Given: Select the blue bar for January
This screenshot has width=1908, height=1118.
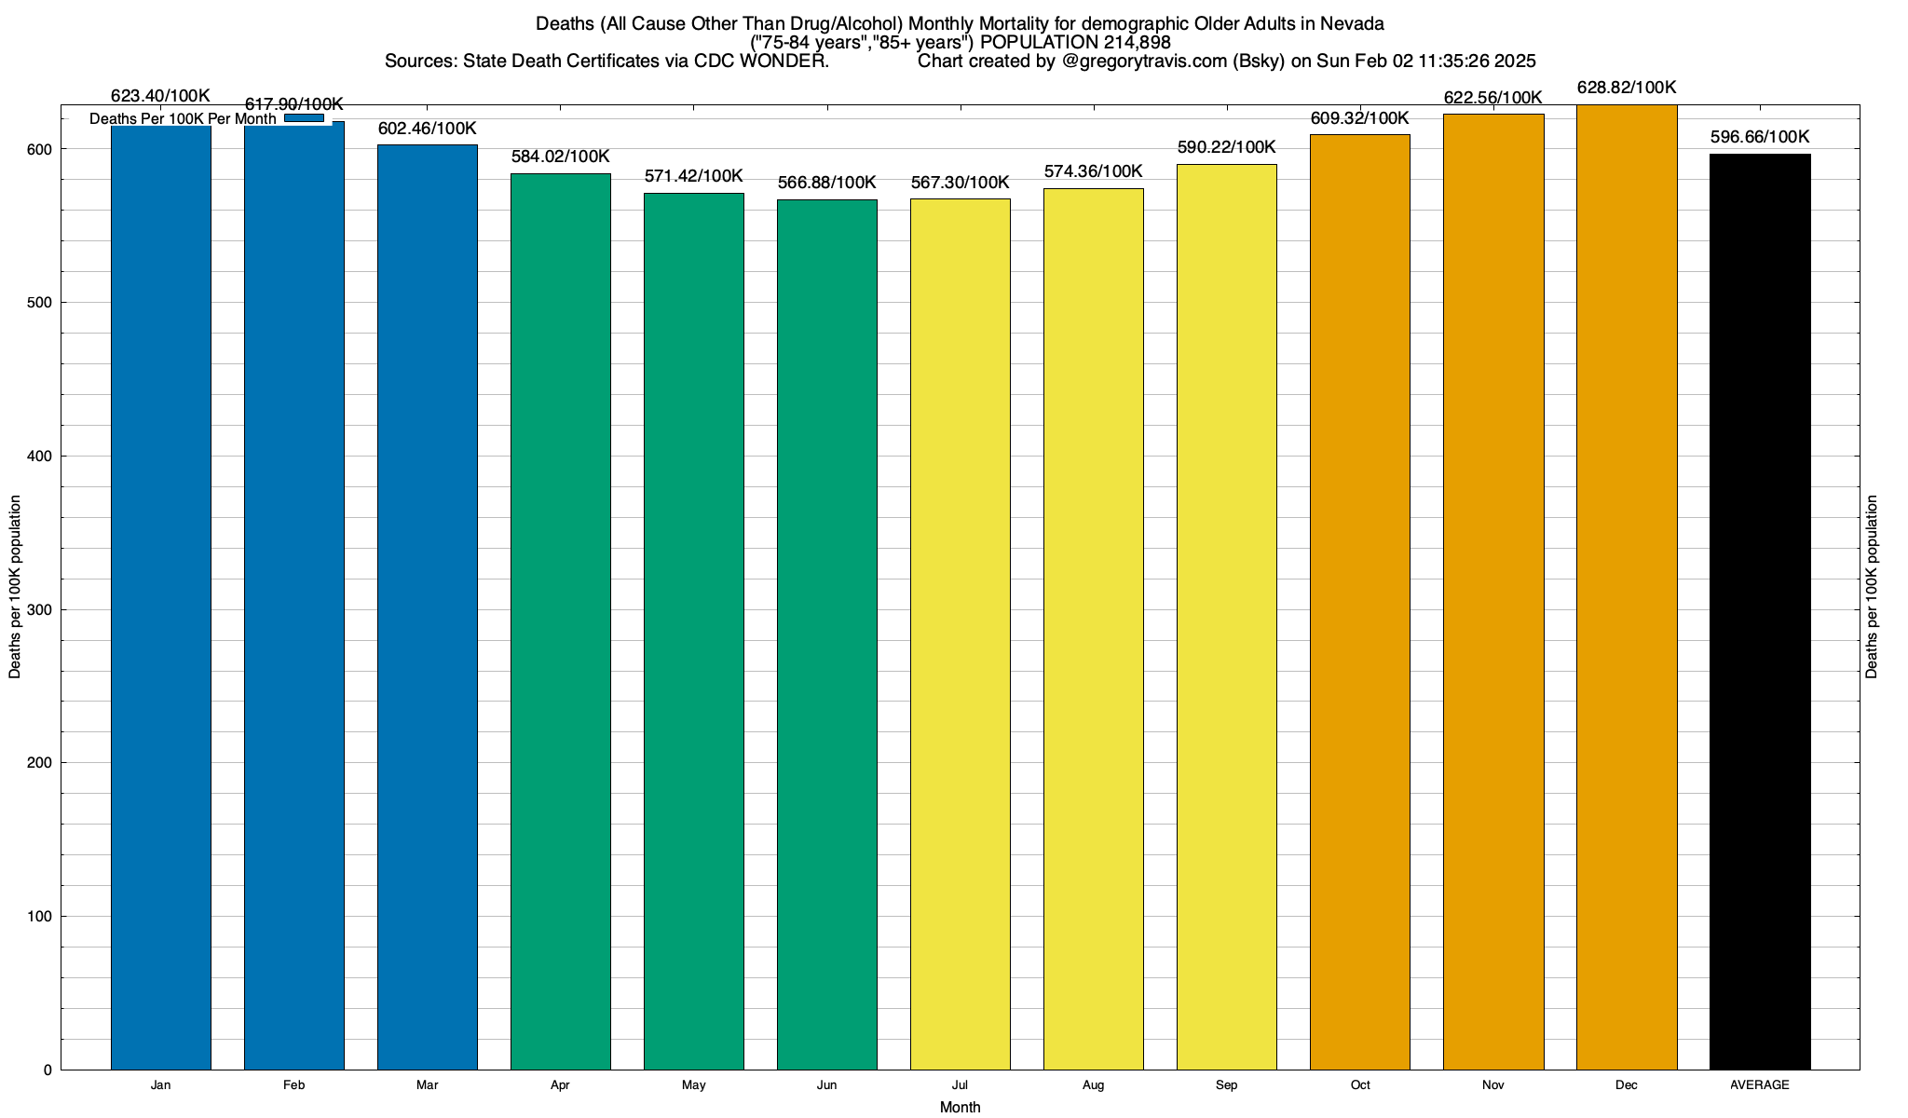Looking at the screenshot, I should point(161,596).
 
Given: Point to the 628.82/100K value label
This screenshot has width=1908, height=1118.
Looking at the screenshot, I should point(1627,88).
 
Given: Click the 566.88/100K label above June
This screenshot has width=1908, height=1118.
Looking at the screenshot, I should point(827,183).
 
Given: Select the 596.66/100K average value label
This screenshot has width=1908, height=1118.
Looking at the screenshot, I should point(1760,137).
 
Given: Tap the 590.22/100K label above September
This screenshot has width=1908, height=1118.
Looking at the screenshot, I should point(1227,147).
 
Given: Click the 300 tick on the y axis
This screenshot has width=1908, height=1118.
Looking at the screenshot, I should point(41,610).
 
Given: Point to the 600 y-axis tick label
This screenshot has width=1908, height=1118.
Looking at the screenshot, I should point(41,150).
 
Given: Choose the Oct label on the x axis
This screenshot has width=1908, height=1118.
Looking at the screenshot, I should point(1360,1085).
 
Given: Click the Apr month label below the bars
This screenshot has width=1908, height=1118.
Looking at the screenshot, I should point(560,1085).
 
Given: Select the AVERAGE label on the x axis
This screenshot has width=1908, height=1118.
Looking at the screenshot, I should point(1760,1085).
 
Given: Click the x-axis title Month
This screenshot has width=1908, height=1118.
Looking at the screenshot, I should point(960,1108).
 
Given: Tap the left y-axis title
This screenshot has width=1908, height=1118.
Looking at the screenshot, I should point(15,587).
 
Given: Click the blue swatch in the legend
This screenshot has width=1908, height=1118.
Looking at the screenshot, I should point(304,118).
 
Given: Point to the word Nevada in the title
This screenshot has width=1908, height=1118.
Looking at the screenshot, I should point(1352,23).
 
